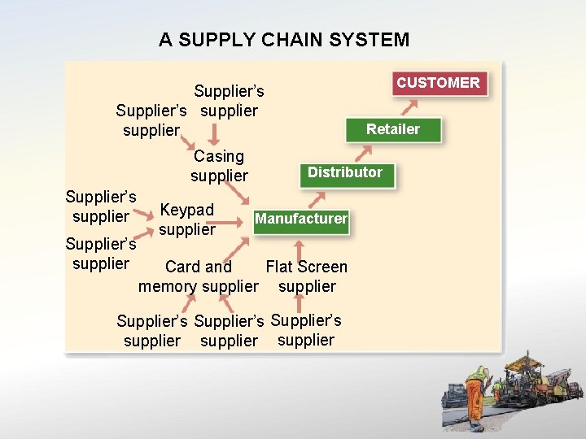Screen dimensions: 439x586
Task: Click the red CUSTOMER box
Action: pos(439,83)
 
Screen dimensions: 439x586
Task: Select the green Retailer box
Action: pos(392,129)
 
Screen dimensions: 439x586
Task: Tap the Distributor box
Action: pos(345,172)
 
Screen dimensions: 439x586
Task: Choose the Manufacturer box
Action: pos(301,219)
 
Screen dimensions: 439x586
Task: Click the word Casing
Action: pos(219,156)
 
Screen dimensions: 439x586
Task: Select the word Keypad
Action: pos(187,210)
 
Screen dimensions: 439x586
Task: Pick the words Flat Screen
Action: pos(306,267)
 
